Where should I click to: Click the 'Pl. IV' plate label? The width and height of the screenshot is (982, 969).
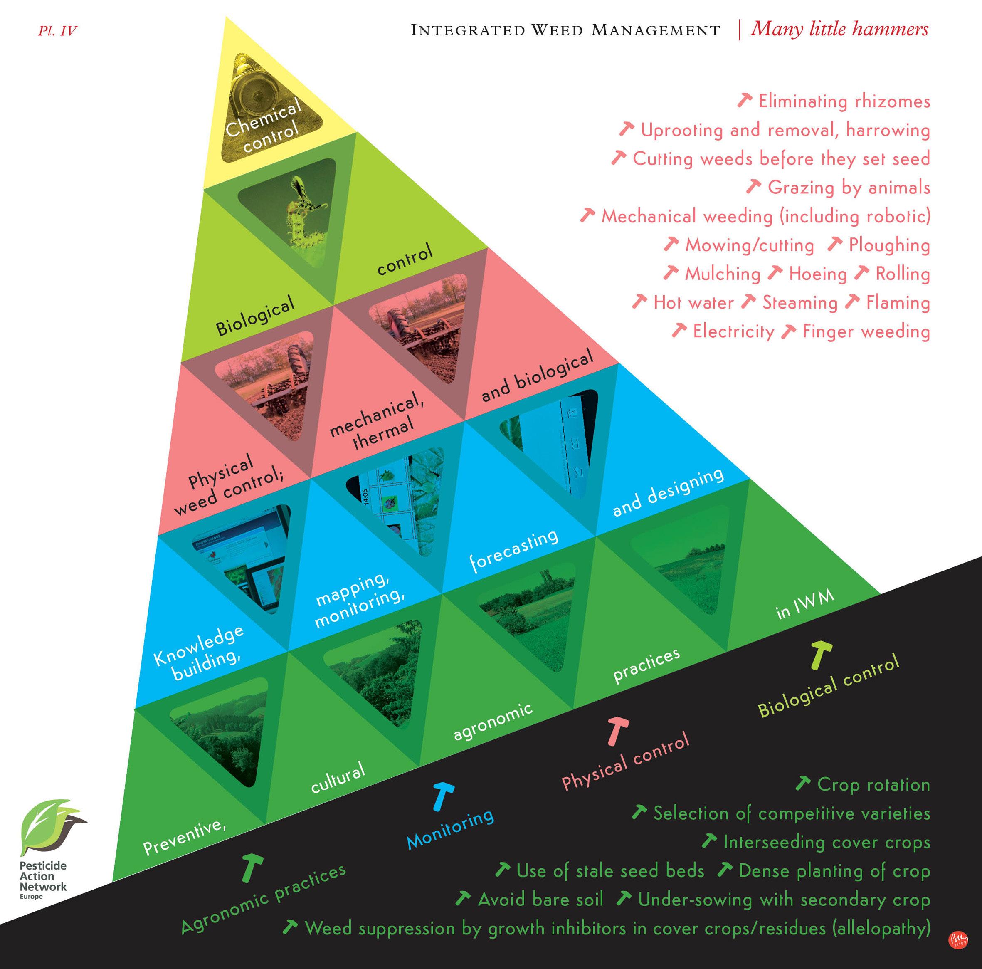(x=57, y=31)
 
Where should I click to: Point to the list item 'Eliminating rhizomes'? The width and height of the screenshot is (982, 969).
(x=844, y=101)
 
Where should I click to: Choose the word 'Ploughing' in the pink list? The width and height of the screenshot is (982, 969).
(x=889, y=245)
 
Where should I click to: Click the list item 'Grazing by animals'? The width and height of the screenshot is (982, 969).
(x=848, y=188)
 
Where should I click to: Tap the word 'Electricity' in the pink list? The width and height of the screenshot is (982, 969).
(x=733, y=331)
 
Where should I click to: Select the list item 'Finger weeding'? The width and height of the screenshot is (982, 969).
(x=866, y=331)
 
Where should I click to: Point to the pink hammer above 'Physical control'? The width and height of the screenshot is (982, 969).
(x=617, y=731)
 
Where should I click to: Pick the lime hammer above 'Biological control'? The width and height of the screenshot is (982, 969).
(x=820, y=655)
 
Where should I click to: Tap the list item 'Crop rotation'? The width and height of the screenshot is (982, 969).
(x=873, y=784)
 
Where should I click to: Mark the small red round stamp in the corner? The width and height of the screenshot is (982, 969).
(x=958, y=939)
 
